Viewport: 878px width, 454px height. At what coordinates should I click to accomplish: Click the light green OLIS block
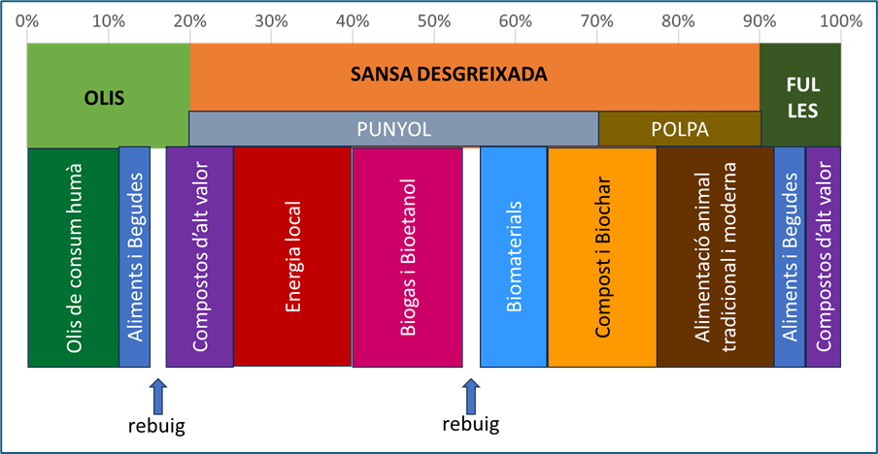tap(108, 97)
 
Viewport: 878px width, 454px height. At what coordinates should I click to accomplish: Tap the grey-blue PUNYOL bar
tap(393, 129)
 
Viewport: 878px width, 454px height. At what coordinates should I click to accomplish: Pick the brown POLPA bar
tap(679, 129)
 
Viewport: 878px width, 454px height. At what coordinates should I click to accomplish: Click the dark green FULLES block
tap(801, 97)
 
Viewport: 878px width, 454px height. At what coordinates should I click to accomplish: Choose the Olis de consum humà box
tap(74, 258)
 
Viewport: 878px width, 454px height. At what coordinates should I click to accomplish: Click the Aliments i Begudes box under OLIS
tap(135, 258)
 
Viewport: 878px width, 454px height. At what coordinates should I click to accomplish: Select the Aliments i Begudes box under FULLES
tap(790, 258)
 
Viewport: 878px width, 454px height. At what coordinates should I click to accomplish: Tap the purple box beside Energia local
tap(200, 258)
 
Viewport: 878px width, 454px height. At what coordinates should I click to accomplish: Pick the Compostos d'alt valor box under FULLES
tap(824, 258)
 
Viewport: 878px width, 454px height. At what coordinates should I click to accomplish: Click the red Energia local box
tap(292, 258)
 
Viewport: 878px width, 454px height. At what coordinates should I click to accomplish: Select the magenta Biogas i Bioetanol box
tap(407, 258)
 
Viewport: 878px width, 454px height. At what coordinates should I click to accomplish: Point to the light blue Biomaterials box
tap(514, 258)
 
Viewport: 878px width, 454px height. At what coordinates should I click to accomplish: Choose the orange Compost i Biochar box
tap(602, 258)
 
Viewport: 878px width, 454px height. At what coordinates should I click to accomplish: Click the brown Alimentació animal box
tap(716, 258)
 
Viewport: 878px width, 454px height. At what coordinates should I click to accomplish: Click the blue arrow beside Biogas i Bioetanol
tap(471, 396)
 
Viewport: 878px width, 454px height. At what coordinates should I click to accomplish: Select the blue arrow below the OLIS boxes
tap(158, 396)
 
